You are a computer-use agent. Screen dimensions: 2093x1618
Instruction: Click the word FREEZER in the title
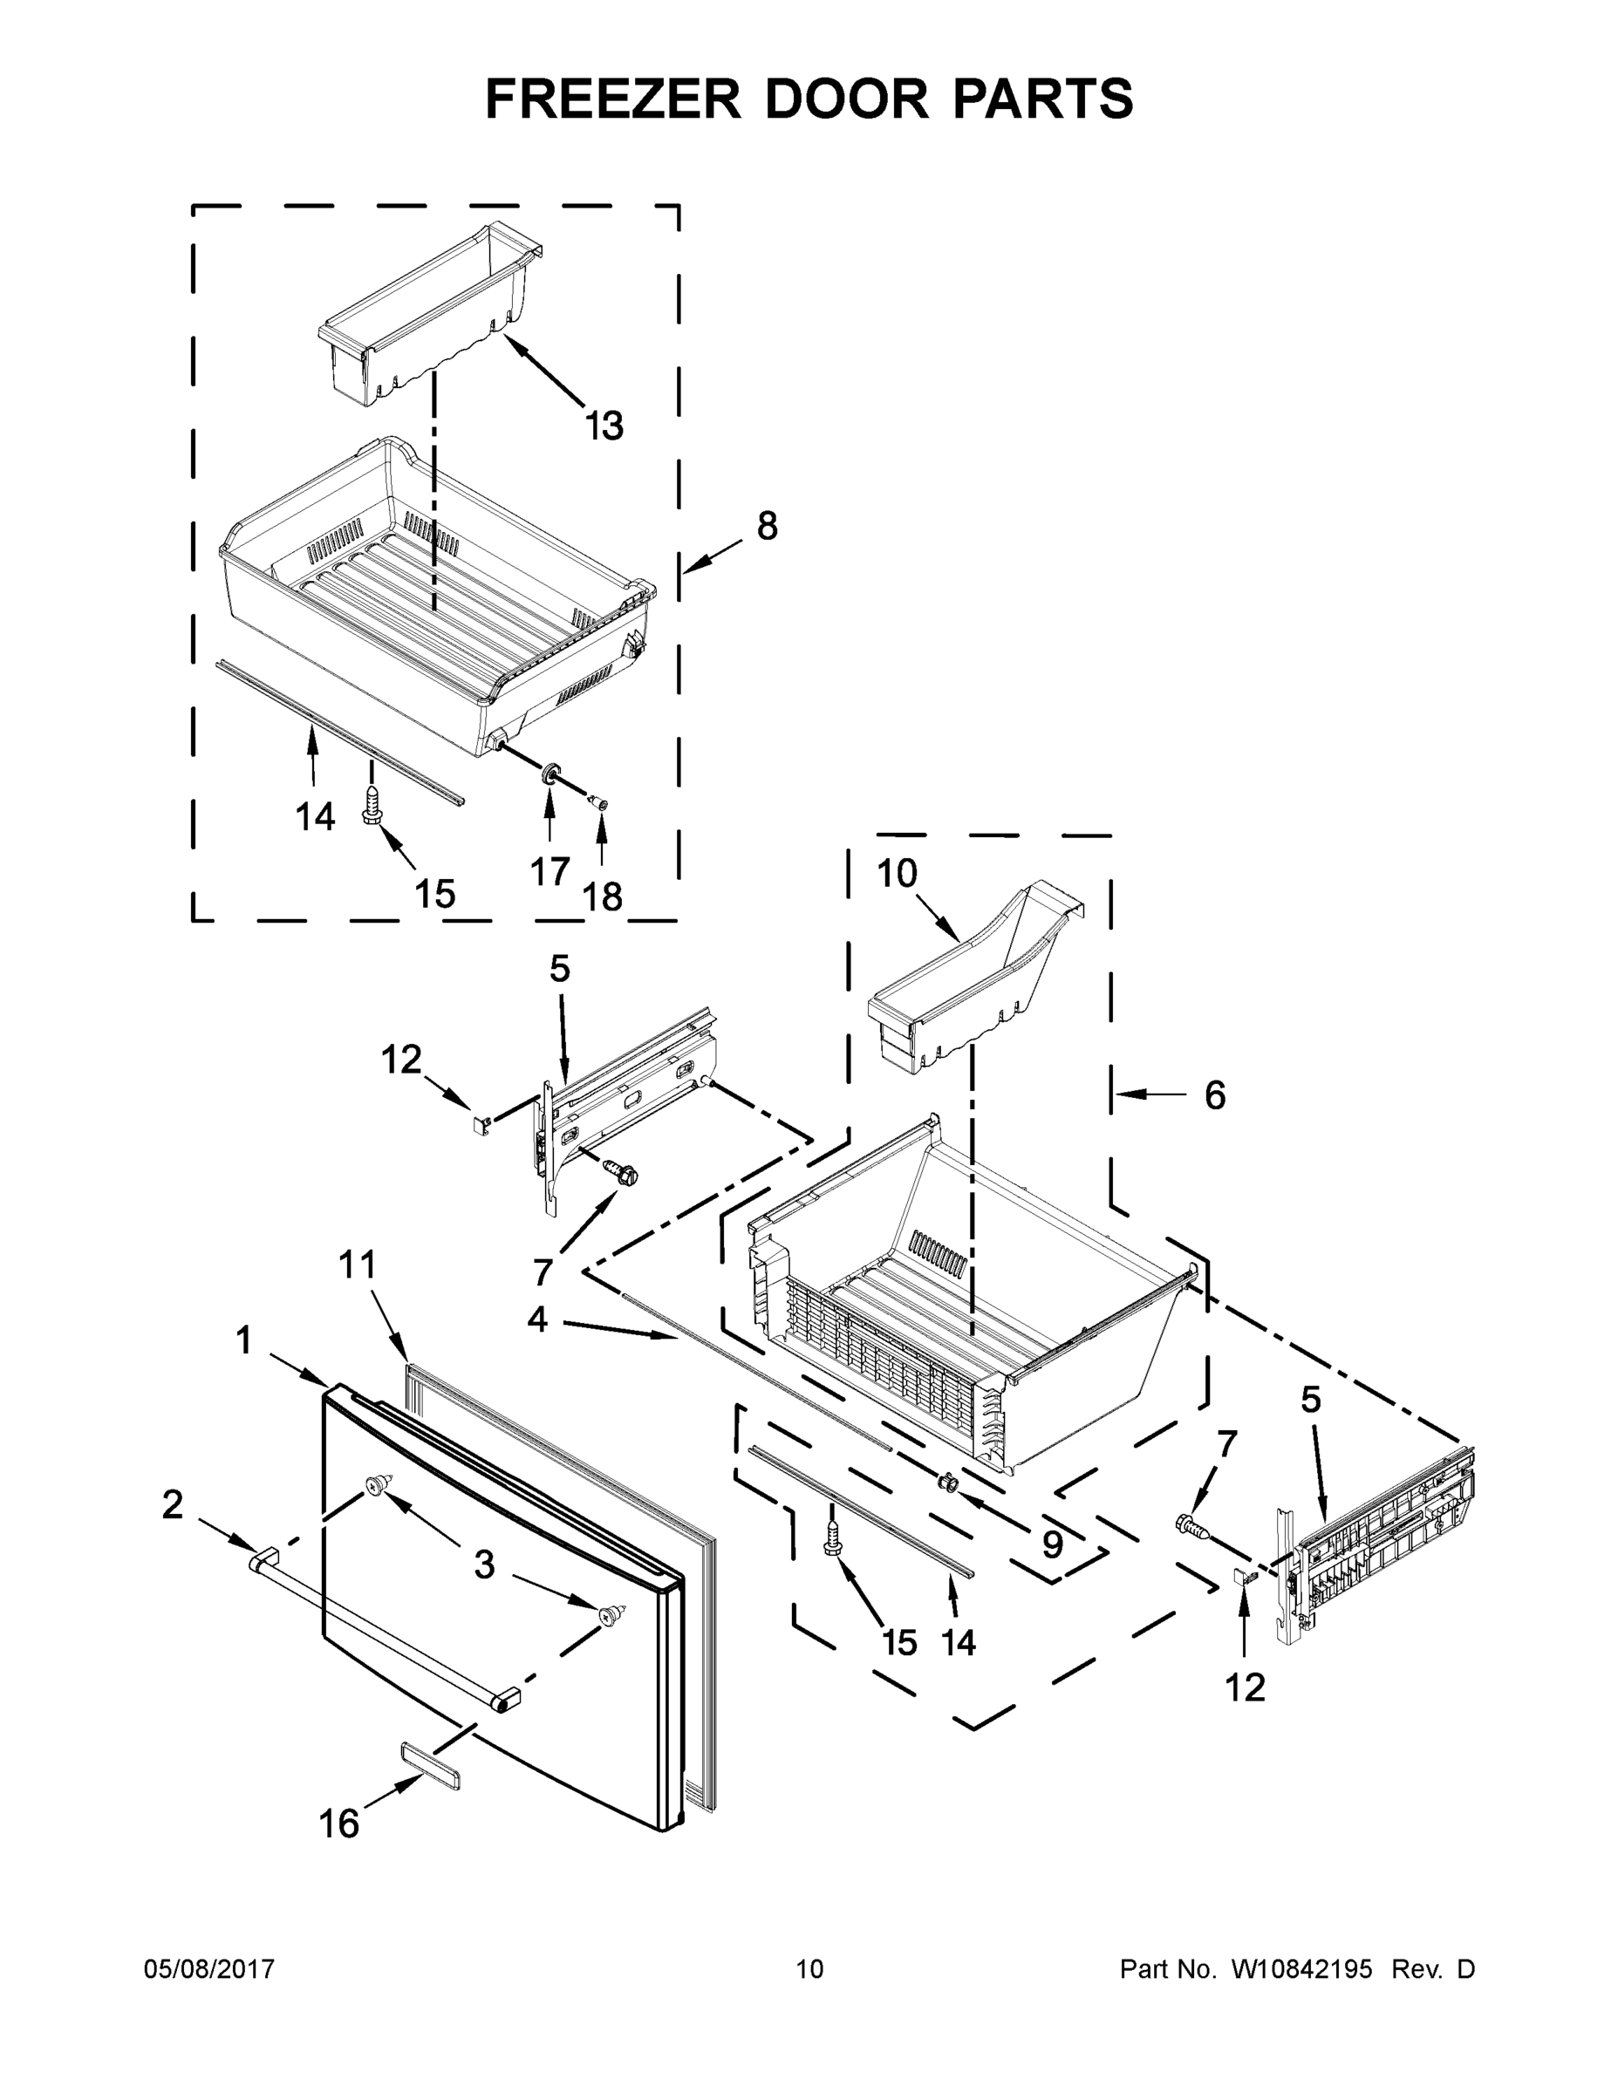point(613,99)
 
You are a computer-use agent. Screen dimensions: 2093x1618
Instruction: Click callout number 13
point(604,426)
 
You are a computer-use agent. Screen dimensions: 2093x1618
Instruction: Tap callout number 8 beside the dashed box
point(767,526)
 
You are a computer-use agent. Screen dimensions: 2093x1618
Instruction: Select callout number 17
point(550,871)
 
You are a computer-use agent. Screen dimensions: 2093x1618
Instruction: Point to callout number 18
point(603,897)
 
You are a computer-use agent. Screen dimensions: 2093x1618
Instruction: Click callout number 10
point(898,873)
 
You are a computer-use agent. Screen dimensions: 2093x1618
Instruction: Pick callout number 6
point(1214,1094)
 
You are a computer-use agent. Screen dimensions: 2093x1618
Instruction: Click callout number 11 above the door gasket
point(358,1265)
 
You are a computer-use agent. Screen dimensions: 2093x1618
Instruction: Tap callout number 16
point(338,1824)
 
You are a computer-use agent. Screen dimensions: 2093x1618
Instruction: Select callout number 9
point(1053,1544)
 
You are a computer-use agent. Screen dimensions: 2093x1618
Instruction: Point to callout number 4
point(536,1319)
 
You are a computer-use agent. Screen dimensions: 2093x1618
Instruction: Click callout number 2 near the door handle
point(173,1504)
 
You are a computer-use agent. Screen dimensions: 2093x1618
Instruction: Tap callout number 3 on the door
point(485,1565)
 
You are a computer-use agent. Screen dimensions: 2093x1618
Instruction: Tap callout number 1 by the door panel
point(244,1340)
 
